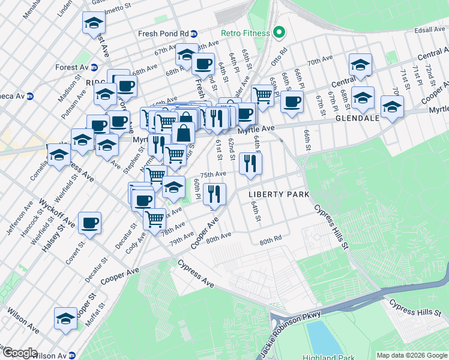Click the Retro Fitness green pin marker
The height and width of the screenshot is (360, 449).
pos(279,33)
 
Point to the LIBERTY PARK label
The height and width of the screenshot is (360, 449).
pos(279,194)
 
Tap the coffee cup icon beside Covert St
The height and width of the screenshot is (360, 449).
pos(89,223)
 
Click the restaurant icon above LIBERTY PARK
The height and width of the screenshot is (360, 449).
pos(250,163)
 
